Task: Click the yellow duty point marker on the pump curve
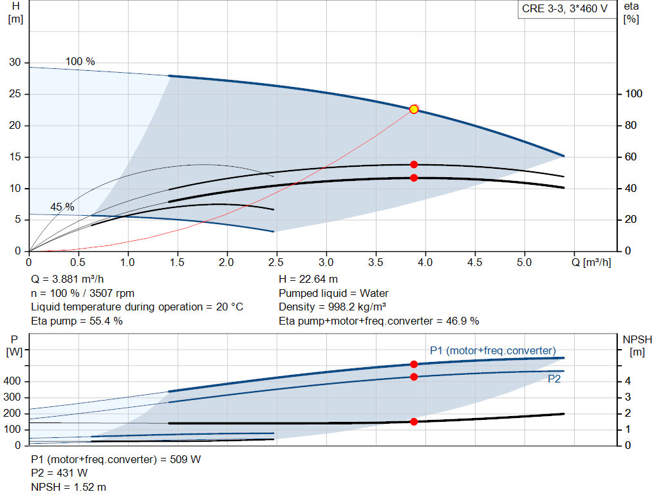[x=414, y=109]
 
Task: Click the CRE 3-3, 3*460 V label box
[x=566, y=9]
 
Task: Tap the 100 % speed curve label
[x=80, y=61]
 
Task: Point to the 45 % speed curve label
[x=62, y=207]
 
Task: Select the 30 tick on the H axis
[x=15, y=62]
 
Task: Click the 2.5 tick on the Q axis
[x=275, y=262]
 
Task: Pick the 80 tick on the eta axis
[x=631, y=126]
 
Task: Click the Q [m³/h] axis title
[x=591, y=262]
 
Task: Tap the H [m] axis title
[x=15, y=13]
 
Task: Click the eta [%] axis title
[x=631, y=13]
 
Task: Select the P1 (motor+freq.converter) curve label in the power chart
[x=493, y=351]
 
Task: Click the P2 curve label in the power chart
[x=554, y=379]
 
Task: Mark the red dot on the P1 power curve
[x=414, y=365]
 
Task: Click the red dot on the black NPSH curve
[x=414, y=422]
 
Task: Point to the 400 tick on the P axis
[x=12, y=381]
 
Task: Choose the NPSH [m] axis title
[x=638, y=346]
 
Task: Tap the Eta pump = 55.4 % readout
[x=77, y=321]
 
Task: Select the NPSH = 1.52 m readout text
[x=68, y=488]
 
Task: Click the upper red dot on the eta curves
[x=414, y=164]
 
